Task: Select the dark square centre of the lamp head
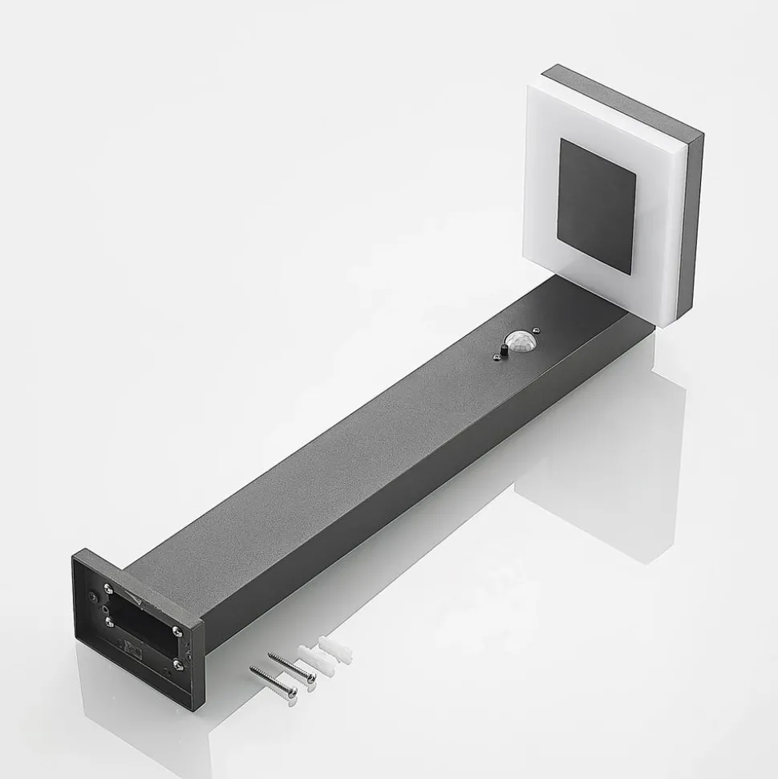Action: coord(597,205)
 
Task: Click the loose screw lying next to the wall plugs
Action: coord(293,666)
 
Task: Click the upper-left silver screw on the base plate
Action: coord(108,589)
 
